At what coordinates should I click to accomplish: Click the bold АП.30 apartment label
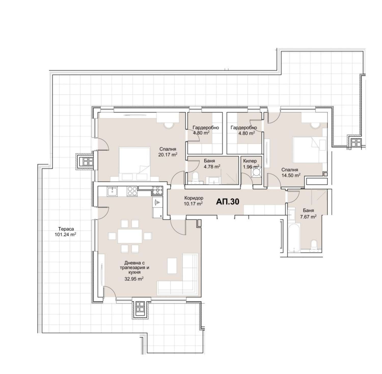pyautogui.click(x=227, y=202)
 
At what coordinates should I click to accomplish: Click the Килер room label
pyautogui.click(x=250, y=161)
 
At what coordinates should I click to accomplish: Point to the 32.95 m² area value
pyautogui.click(x=134, y=279)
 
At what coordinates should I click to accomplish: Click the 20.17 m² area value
pyautogui.click(x=168, y=154)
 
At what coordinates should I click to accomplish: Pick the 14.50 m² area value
pyautogui.click(x=291, y=175)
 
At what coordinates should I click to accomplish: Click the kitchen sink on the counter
pyautogui.click(x=112, y=191)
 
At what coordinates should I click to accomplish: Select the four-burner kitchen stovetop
pyautogui.click(x=132, y=191)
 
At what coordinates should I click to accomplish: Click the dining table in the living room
pyautogui.click(x=130, y=236)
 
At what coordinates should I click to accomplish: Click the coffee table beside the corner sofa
pyautogui.click(x=172, y=266)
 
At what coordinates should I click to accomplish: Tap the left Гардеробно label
pyautogui.click(x=206, y=128)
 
